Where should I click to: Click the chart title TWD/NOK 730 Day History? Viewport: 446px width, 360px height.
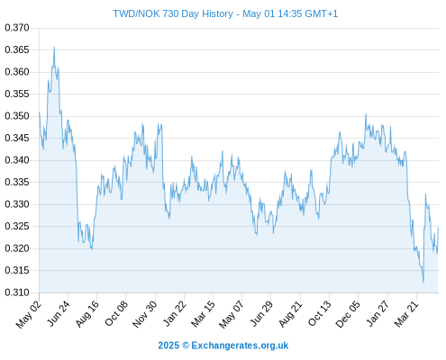click(x=173, y=13)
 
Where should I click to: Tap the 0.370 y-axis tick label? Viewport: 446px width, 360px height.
click(x=17, y=28)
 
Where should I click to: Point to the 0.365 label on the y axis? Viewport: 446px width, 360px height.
click(x=17, y=49)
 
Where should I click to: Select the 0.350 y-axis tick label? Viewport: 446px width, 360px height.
click(x=17, y=116)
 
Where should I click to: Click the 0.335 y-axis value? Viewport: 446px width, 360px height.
click(x=17, y=182)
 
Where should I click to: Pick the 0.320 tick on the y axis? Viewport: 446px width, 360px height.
click(x=17, y=248)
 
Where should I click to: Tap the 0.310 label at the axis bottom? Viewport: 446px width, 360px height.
click(x=17, y=292)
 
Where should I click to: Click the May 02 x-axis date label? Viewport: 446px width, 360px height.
click(x=28, y=314)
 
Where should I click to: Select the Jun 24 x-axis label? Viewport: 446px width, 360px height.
click(x=59, y=313)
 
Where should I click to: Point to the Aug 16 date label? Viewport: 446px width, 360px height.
click(x=86, y=314)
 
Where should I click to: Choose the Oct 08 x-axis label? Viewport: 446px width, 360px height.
click(x=116, y=313)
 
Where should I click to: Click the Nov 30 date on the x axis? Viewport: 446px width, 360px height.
click(x=144, y=314)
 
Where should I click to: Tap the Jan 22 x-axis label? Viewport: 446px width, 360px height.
click(x=174, y=313)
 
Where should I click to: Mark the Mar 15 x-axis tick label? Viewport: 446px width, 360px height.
click(x=203, y=314)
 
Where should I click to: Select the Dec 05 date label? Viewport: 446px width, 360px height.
click(x=348, y=314)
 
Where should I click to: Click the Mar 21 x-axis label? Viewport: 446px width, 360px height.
click(x=406, y=314)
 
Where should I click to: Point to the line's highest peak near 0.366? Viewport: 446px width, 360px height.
click(x=54, y=47)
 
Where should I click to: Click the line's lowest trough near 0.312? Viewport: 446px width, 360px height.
click(x=423, y=283)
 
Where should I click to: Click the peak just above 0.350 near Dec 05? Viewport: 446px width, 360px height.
click(x=366, y=114)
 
